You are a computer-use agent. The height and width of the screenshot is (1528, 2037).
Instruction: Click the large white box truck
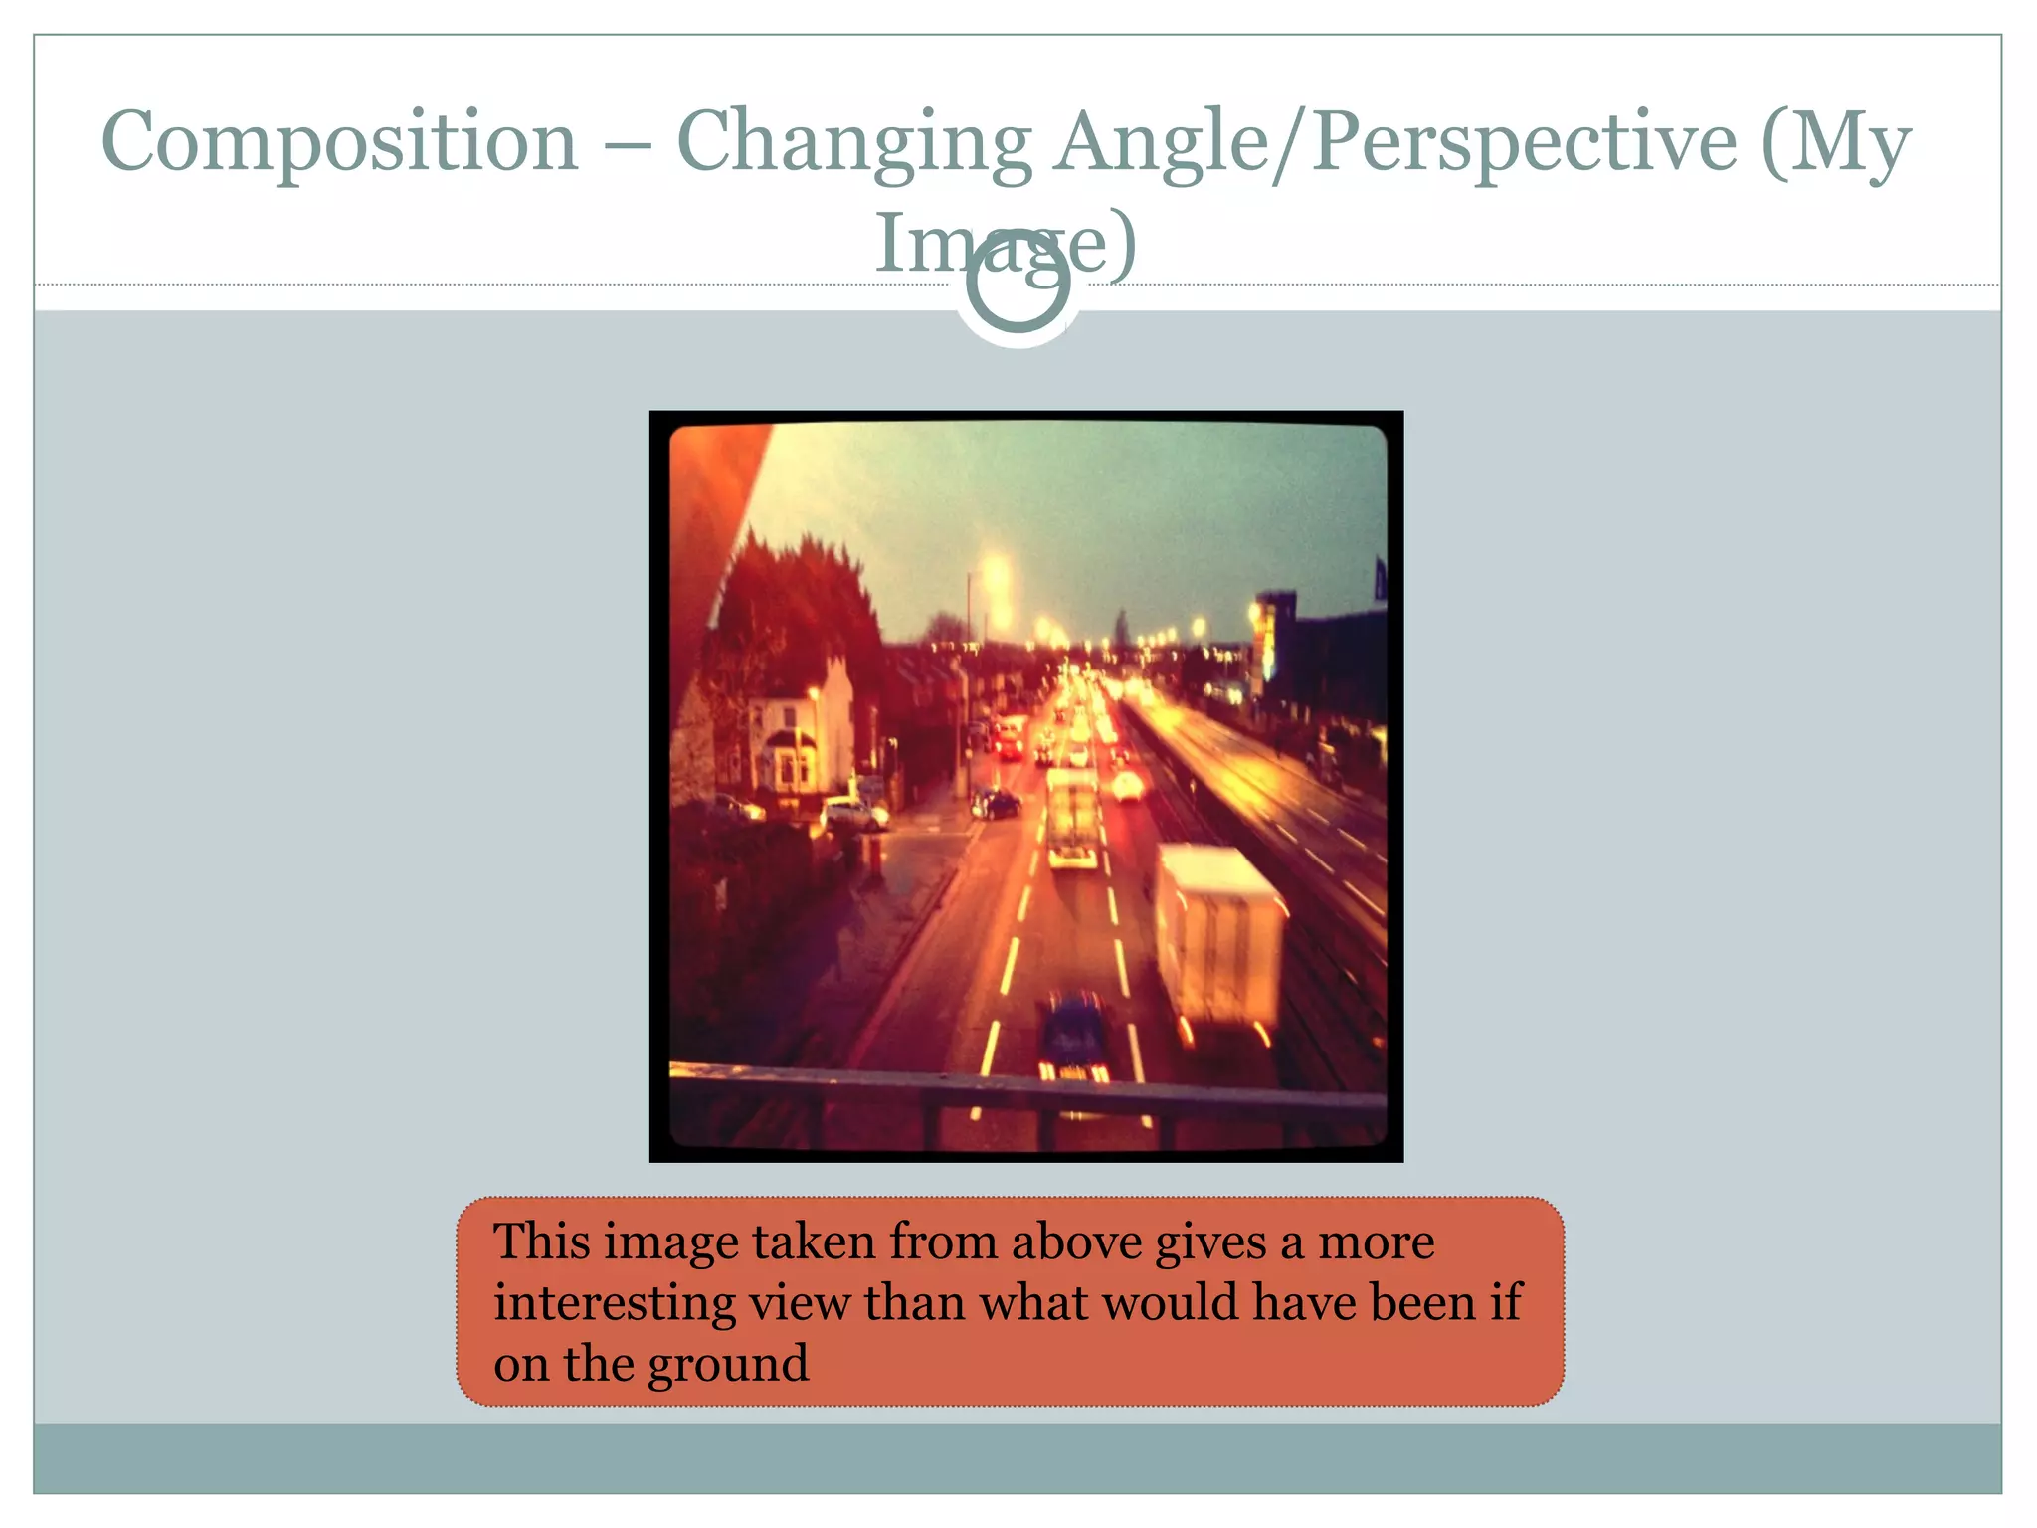pyautogui.click(x=1218, y=935)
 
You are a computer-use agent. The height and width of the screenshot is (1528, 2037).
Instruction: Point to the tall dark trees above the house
pyautogui.click(x=796, y=597)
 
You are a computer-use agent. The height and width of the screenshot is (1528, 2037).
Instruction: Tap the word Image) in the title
pyautogui.click(x=1005, y=244)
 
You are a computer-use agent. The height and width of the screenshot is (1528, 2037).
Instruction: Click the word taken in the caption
pyautogui.click(x=813, y=1242)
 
